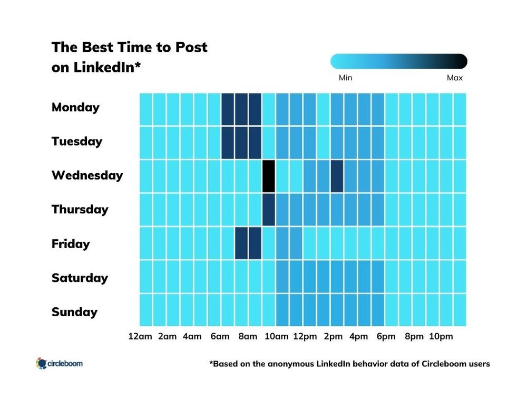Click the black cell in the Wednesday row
(269, 176)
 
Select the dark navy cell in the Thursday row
(269, 210)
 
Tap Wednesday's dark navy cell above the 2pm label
(337, 176)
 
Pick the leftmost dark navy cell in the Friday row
(241, 243)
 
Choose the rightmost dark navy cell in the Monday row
(255, 109)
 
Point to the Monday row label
(75, 107)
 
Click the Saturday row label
(80, 278)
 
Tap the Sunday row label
(74, 312)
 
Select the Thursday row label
(80, 210)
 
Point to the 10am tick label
(276, 336)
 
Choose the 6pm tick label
(386, 336)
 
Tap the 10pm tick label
(441, 336)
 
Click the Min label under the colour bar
(345, 78)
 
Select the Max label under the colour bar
(454, 78)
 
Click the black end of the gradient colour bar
(461, 61)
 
